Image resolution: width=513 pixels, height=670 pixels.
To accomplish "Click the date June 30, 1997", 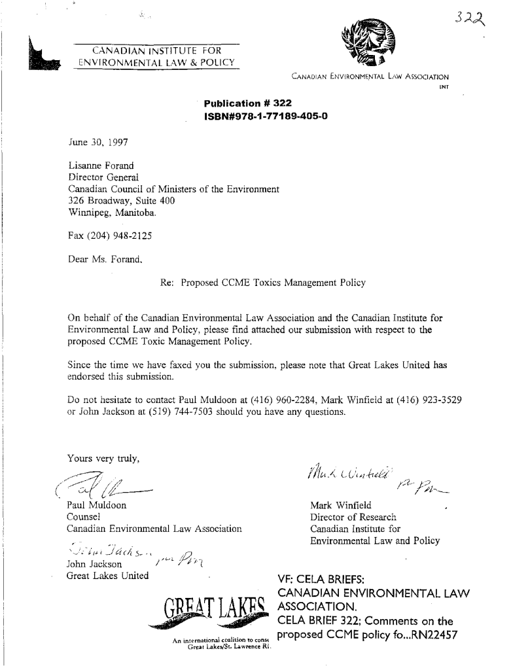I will coord(99,141).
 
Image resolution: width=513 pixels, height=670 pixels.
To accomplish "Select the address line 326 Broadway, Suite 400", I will coord(122,202).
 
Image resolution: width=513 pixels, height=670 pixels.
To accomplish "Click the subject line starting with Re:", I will coord(262,283).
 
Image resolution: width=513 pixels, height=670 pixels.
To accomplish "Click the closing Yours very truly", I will coord(101,458).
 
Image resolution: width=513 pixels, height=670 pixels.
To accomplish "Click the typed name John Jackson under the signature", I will coord(94,564).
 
